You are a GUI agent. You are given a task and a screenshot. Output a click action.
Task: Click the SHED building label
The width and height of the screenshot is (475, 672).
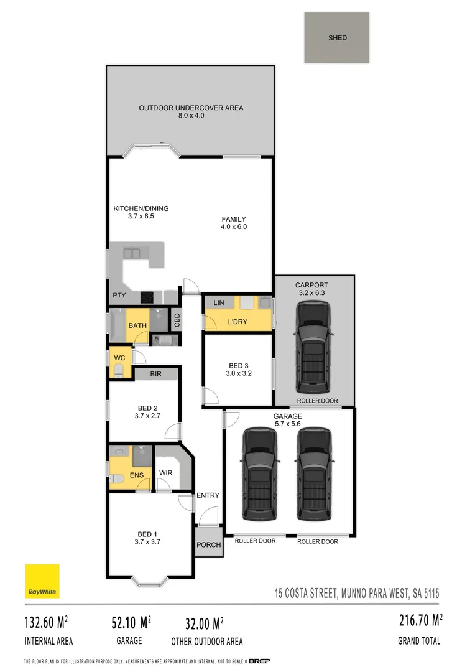[338, 38]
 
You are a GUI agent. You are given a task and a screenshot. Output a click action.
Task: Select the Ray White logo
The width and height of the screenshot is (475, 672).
[42, 581]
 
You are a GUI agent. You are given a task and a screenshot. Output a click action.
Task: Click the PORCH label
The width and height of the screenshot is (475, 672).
[208, 544]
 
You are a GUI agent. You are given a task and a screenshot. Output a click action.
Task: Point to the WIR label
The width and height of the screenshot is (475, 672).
[165, 473]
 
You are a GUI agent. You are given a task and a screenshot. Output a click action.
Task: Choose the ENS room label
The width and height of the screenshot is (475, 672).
[137, 475]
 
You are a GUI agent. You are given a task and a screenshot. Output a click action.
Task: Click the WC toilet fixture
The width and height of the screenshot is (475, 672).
[118, 371]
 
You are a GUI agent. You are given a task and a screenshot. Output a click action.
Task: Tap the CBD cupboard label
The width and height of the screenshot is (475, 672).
[177, 320]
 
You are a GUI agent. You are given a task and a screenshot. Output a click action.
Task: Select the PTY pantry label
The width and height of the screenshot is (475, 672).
[119, 296]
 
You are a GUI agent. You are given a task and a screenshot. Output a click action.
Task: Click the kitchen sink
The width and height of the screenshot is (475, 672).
[131, 253]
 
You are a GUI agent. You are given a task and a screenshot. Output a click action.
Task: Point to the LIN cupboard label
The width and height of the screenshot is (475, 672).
[219, 302]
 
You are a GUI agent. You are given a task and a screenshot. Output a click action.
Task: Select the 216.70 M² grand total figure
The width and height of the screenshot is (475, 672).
[420, 620]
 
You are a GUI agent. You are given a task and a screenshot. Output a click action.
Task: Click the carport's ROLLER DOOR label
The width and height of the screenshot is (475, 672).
[317, 401]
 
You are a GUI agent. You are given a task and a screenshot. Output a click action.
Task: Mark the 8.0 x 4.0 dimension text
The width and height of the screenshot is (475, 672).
[191, 116]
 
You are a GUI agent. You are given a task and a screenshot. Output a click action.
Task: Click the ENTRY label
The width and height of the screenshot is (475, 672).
[208, 495]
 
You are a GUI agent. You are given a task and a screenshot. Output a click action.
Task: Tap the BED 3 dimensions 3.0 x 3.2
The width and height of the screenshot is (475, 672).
[238, 373]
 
